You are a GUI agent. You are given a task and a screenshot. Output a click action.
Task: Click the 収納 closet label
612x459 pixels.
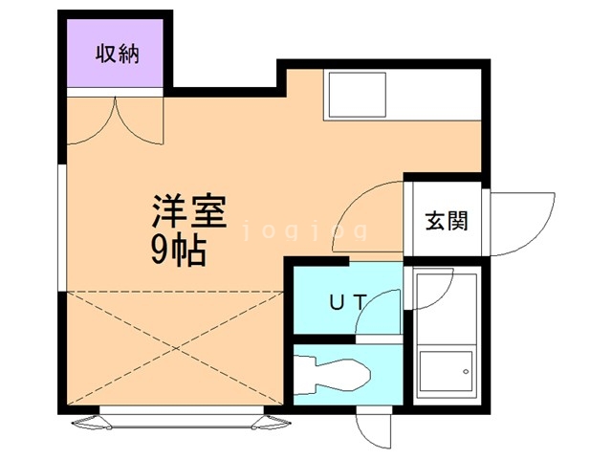pos(117,54)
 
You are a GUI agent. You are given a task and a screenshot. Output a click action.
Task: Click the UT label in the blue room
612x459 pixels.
pos(347,302)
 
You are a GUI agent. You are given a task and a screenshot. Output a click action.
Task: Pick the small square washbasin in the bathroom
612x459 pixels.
pos(446,367)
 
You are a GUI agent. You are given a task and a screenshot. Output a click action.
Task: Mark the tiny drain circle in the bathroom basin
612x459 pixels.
pos(467,369)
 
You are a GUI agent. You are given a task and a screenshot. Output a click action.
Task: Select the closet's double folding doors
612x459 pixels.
pos(117,117)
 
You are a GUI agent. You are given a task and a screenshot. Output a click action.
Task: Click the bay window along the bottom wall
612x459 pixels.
pos(179,416)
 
